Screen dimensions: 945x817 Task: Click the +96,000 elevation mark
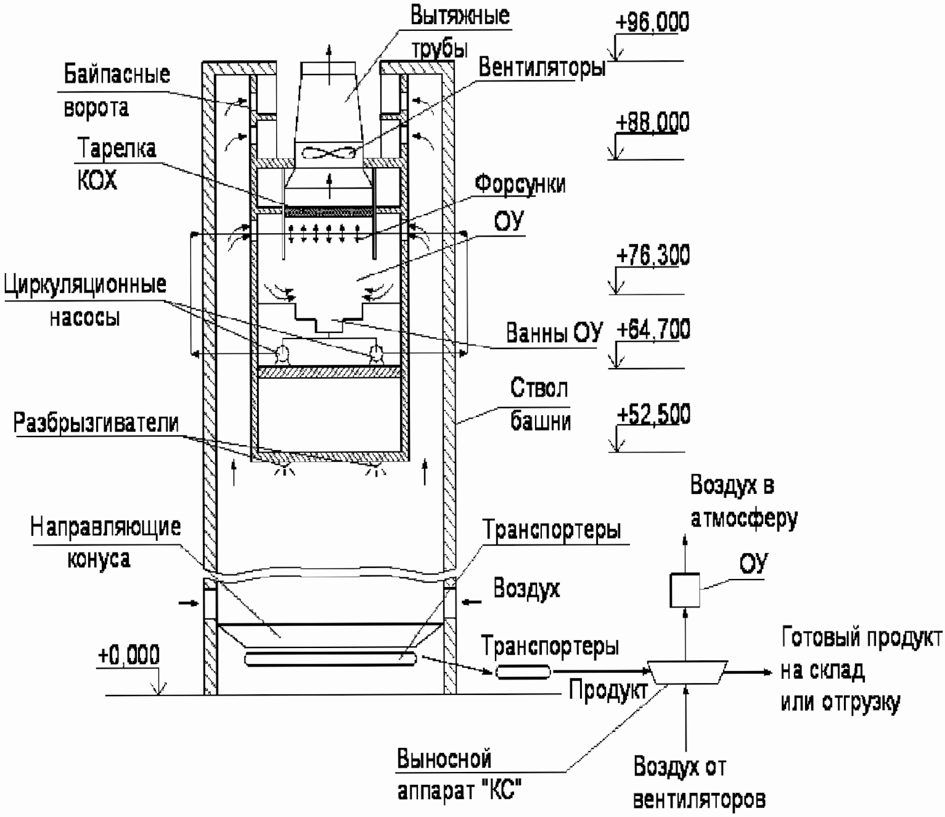point(652,22)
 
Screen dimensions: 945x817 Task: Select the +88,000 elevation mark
point(652,122)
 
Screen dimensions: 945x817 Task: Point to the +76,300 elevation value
point(653,255)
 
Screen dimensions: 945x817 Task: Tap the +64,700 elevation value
point(653,329)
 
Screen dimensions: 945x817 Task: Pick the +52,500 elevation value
point(653,414)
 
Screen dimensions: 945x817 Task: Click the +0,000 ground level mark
point(128,655)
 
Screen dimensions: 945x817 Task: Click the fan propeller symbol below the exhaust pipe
point(329,153)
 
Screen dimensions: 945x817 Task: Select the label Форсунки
point(520,185)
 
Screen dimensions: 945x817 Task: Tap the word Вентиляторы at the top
point(542,67)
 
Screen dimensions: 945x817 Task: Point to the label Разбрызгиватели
point(96,423)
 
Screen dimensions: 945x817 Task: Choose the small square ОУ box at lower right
point(684,589)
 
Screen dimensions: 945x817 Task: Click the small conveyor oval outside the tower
point(523,671)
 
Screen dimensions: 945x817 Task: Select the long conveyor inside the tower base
point(330,659)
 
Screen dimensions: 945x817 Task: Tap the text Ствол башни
point(541,404)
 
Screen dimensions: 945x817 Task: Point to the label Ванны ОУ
point(554,332)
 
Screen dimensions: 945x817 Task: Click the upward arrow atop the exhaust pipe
point(329,65)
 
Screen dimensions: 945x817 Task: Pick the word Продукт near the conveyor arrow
point(608,690)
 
